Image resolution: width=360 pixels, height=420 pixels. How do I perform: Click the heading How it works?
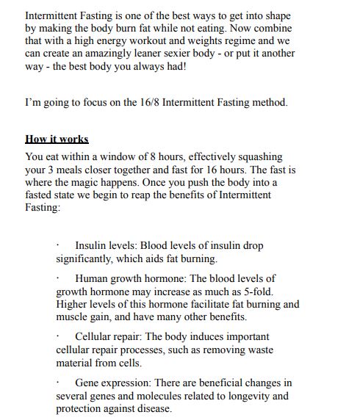(57, 139)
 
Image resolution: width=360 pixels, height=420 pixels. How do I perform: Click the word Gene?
(87, 383)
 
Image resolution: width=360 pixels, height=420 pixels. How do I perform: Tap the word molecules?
(158, 396)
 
